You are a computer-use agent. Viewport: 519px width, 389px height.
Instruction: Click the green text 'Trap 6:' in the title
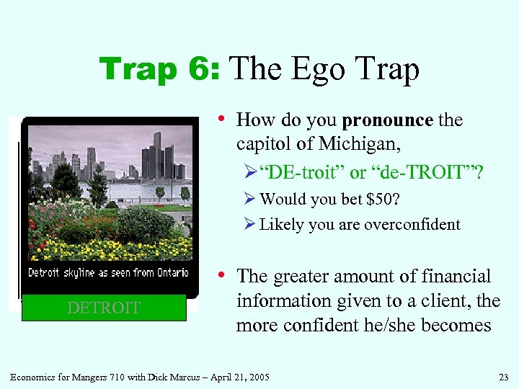(x=159, y=69)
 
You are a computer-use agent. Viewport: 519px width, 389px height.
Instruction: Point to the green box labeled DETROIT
(x=104, y=308)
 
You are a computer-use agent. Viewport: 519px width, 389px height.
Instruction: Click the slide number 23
(x=502, y=377)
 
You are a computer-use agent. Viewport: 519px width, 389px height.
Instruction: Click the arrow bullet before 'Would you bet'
(x=250, y=199)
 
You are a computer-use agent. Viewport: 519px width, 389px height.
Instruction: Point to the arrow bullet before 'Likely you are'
(x=250, y=225)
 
